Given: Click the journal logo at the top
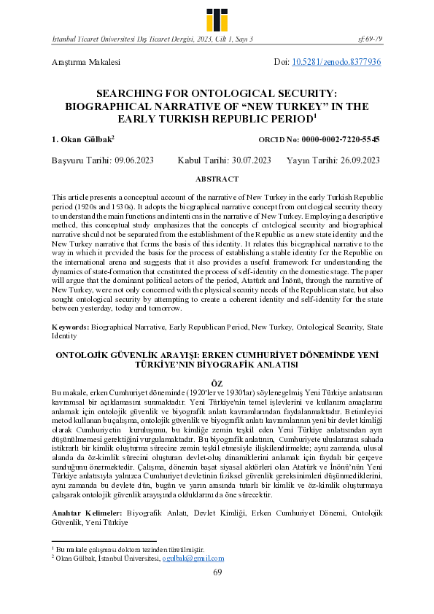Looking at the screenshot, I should pyautogui.click(x=217, y=15).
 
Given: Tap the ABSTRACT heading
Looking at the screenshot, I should pyautogui.click(x=217, y=179).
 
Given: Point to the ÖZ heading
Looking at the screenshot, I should pyautogui.click(x=217, y=382).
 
